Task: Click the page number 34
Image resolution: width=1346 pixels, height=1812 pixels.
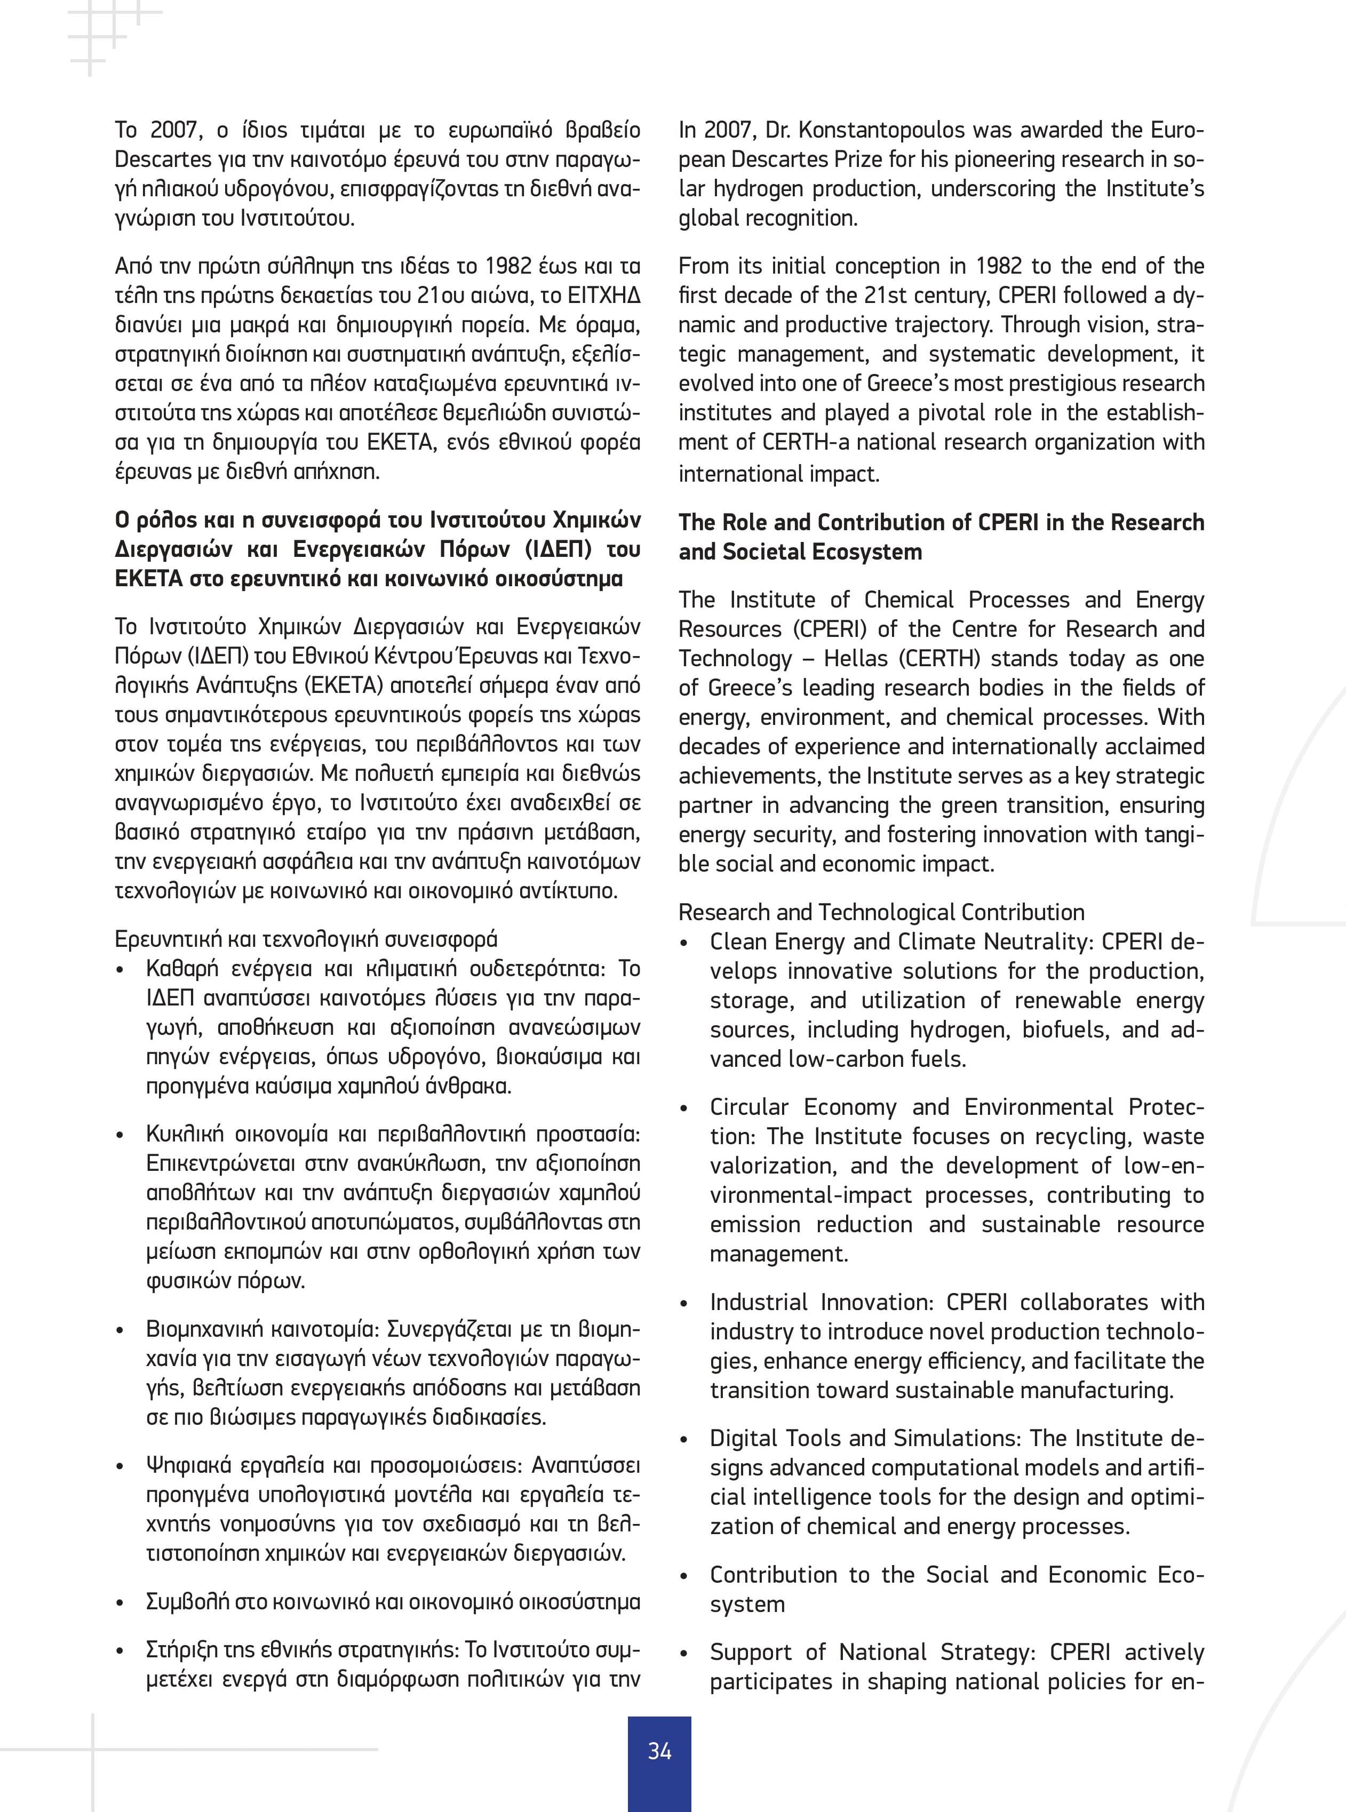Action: (x=659, y=1751)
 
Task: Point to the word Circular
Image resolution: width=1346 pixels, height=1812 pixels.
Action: (x=749, y=1107)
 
